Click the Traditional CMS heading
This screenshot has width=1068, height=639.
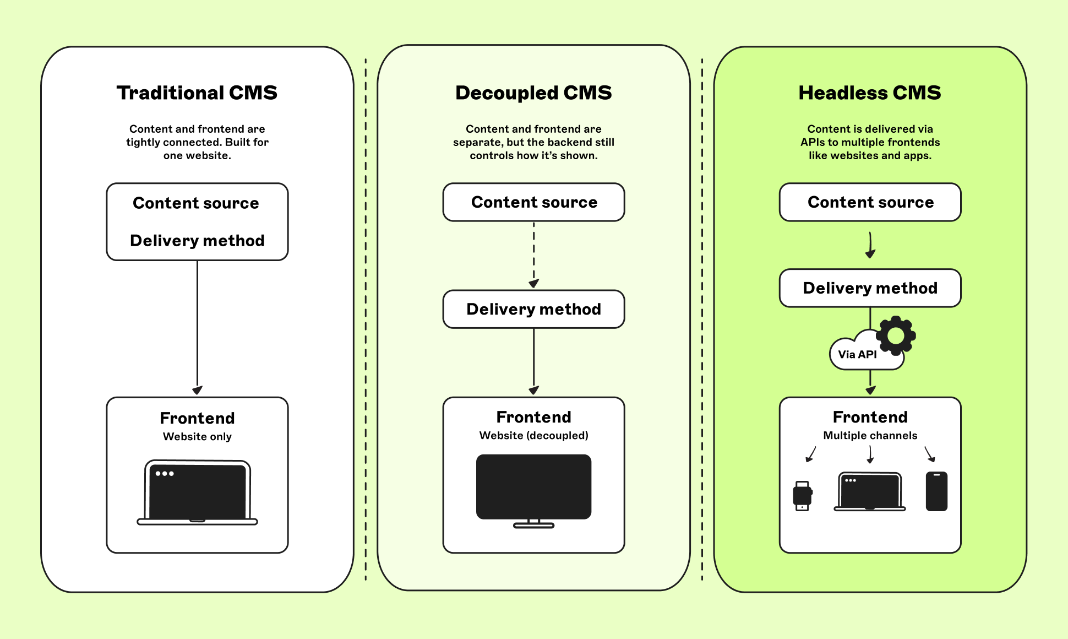(197, 93)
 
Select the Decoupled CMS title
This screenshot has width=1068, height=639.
(533, 93)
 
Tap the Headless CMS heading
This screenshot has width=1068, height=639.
(870, 93)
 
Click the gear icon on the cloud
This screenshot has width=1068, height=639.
(896, 335)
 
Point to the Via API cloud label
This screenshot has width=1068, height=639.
(857, 354)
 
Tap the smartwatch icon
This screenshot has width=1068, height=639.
(803, 496)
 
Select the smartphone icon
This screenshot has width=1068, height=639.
(936, 491)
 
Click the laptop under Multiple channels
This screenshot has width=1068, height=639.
(870, 491)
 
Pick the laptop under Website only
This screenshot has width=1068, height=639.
(197, 492)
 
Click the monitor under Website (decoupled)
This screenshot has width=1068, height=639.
(533, 490)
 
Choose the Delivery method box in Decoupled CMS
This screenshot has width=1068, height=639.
(533, 309)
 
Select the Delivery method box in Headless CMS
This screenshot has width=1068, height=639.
(870, 288)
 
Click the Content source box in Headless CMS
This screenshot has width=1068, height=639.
(870, 202)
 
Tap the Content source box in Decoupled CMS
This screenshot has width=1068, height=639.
(533, 202)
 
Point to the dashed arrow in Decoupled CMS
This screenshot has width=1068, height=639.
(533, 255)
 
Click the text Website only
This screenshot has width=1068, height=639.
(197, 436)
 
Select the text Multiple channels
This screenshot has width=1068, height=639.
(870, 435)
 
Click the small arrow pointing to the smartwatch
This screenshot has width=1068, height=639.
(810, 454)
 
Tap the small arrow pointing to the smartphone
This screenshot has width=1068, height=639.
(930, 454)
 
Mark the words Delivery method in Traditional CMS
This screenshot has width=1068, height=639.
(197, 241)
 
